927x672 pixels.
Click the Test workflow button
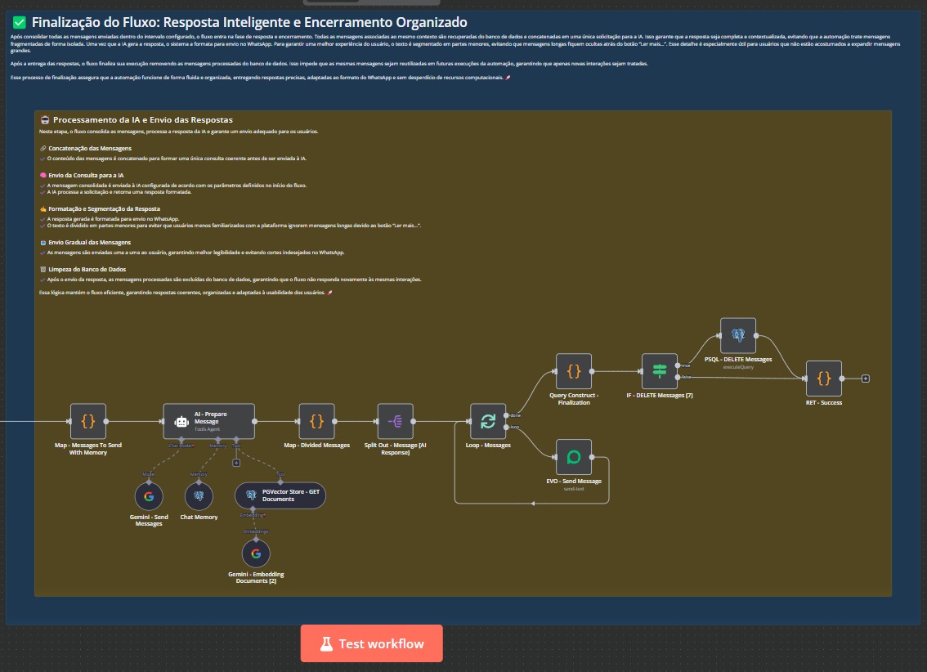371,643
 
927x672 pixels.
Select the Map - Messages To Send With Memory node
87,421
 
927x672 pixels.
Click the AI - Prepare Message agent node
208,421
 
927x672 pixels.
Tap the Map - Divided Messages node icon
316,421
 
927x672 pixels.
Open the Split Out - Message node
396,421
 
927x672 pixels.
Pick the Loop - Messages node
488,421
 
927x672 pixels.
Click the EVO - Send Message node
574,457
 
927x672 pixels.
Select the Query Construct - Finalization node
574,371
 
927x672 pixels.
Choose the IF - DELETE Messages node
660,371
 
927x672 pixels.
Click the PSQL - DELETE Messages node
738,335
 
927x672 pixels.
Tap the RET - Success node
823,379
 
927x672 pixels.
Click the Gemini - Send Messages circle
149,496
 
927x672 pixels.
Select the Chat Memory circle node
199,496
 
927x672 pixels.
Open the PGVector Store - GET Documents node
280,495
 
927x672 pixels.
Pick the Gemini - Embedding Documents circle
256,554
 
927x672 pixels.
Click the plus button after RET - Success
865,379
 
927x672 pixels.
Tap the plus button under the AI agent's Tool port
236,463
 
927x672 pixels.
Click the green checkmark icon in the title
20,23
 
